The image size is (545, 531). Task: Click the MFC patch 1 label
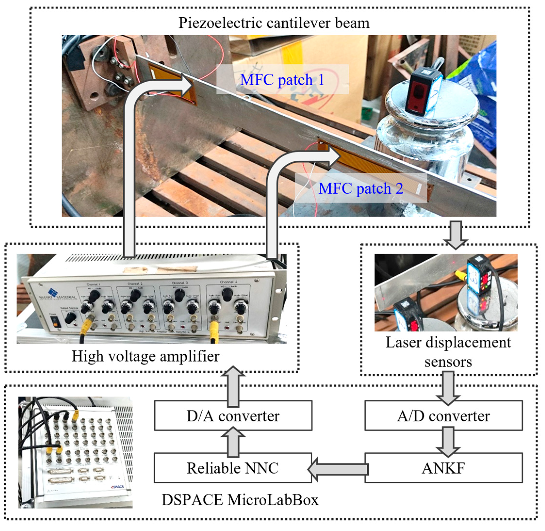[282, 80]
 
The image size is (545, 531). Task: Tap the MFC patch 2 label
[361, 189]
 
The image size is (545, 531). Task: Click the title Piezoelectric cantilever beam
[274, 23]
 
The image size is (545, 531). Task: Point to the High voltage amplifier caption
[146, 356]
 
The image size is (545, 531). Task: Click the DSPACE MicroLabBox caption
[240, 500]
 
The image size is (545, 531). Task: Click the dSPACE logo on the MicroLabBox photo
[117, 487]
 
